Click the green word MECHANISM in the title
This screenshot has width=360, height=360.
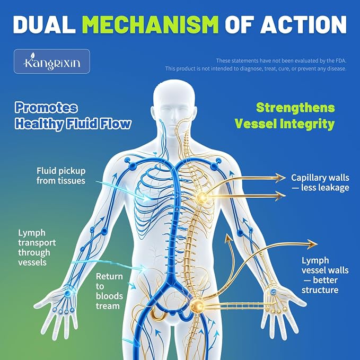(151, 25)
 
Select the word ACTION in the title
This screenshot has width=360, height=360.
(303, 25)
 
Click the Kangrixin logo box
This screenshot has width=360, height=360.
(52, 62)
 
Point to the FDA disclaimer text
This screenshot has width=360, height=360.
(256, 65)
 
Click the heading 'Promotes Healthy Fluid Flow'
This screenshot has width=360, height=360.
(73, 116)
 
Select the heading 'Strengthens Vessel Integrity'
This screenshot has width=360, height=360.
(285, 116)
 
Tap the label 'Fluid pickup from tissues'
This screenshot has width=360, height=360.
(61, 175)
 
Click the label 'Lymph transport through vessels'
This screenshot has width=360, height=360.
(37, 248)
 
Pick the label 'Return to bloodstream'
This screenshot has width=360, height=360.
(109, 291)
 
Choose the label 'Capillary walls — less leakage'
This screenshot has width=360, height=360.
(320, 182)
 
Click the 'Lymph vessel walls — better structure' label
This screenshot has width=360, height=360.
(325, 275)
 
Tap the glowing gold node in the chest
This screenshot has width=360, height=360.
(201, 197)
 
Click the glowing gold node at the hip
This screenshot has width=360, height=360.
(197, 305)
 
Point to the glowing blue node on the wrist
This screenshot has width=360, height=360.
(68, 293)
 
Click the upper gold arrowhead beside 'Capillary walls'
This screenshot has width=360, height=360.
(280, 177)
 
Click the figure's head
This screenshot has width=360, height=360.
(174, 108)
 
